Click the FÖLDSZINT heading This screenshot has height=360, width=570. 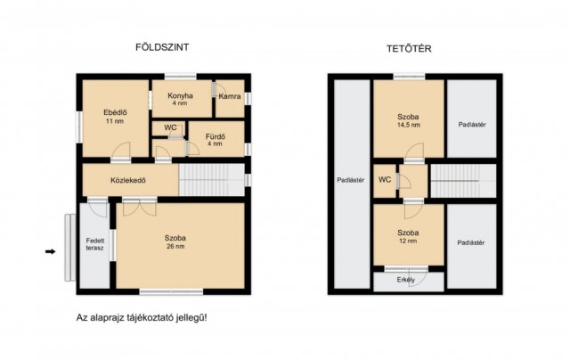[162, 47]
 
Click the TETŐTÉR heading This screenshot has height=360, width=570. [409, 49]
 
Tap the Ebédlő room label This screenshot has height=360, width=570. [115, 112]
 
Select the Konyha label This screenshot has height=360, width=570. [180, 95]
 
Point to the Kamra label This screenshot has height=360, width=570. [230, 96]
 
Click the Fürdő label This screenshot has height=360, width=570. [216, 136]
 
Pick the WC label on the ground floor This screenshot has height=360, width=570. [170, 127]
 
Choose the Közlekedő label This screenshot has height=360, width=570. [128, 180]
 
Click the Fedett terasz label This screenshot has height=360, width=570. [95, 244]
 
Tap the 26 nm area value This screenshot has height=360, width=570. [175, 246]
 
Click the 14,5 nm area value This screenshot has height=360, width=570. [409, 125]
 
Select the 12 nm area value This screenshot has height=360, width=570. [408, 241]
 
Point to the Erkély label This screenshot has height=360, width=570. [406, 280]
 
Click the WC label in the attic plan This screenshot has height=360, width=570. [385, 180]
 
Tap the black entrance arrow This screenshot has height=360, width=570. [50, 251]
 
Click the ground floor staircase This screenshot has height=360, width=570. [212, 180]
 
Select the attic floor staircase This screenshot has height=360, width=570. [463, 181]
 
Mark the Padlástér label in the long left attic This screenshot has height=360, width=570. [350, 180]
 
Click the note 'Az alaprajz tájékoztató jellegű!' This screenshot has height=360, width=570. [142, 318]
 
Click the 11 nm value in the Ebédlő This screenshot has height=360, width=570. [115, 121]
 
